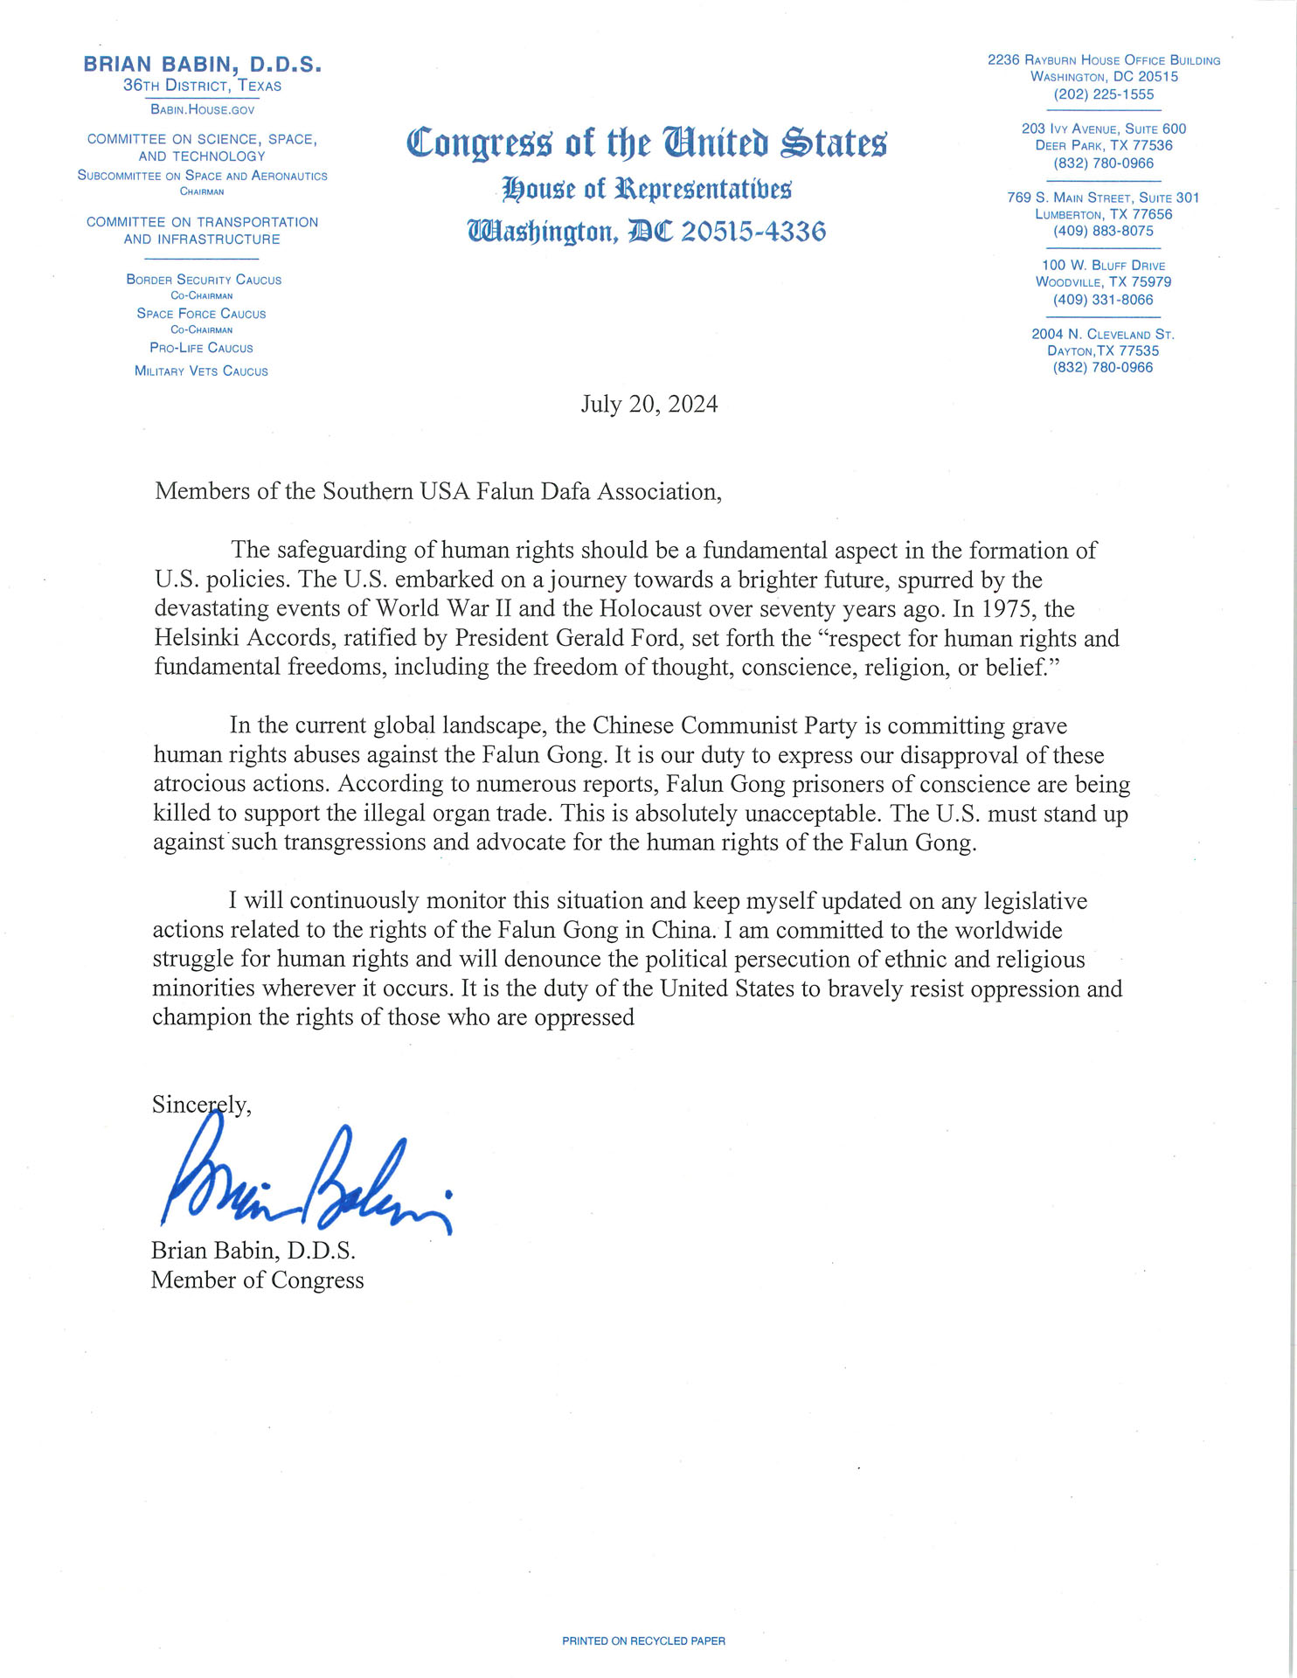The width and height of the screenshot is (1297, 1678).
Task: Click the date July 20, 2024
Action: (x=648, y=405)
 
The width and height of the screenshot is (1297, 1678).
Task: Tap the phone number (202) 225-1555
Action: (x=1103, y=94)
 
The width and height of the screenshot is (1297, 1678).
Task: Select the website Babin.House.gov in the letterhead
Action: (x=202, y=109)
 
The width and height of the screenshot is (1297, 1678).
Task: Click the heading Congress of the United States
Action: (x=647, y=142)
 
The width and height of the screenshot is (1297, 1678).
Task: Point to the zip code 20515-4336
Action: (x=753, y=232)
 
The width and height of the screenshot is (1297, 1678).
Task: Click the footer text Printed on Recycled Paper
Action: (x=643, y=1641)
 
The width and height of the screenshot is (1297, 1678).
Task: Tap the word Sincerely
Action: (x=201, y=1105)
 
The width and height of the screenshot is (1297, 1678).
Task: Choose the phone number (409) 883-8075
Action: (x=1103, y=232)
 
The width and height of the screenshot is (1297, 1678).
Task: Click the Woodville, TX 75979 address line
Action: (x=1103, y=282)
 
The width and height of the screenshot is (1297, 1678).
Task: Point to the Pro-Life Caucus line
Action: (x=201, y=348)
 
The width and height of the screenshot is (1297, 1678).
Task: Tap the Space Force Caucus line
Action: (x=201, y=314)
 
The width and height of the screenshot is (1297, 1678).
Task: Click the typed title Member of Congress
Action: (x=257, y=1280)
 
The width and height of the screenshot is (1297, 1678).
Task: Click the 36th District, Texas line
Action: (x=202, y=86)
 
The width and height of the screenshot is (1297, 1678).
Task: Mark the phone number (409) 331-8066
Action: (x=1103, y=300)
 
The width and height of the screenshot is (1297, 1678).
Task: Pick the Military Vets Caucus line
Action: (x=201, y=371)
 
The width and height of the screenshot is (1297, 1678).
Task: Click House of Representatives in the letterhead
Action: (x=647, y=188)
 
